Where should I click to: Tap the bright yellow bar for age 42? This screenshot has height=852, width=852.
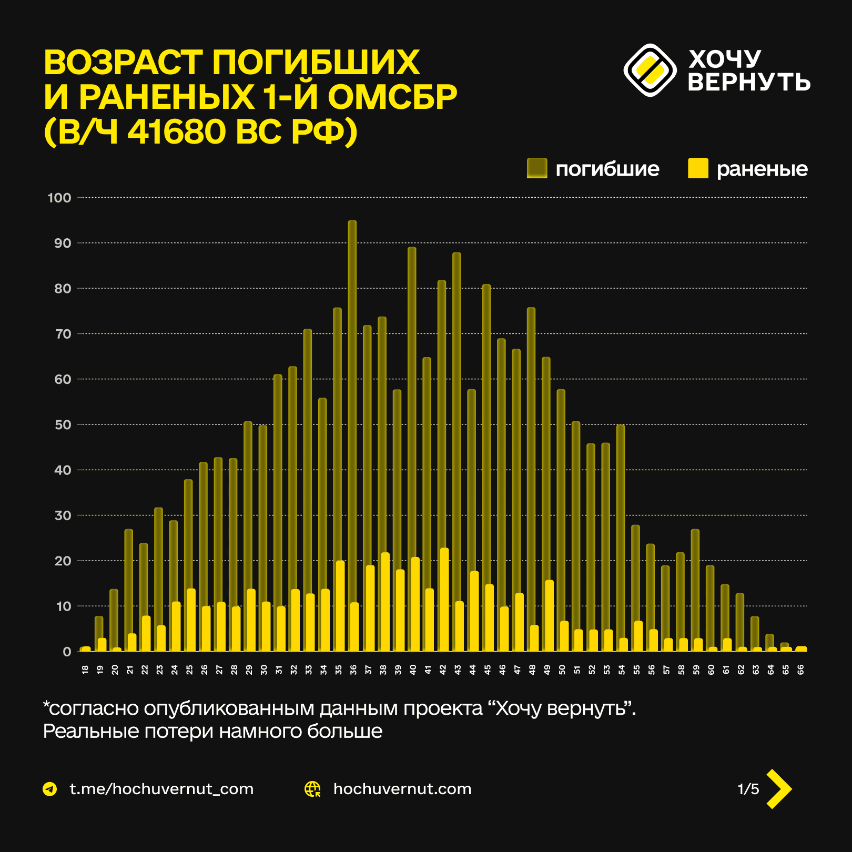[444, 600]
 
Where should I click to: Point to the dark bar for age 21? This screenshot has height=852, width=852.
[129, 590]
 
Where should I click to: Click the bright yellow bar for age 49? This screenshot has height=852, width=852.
[549, 615]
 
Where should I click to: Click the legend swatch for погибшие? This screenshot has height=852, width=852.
[537, 168]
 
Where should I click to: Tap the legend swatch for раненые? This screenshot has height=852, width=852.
[698, 168]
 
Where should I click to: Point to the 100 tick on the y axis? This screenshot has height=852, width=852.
[59, 198]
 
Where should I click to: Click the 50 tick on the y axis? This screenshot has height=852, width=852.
[63, 424]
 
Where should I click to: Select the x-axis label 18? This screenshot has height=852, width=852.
[85, 670]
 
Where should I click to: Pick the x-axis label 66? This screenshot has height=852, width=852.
[800, 670]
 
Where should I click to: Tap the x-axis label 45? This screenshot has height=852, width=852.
[488, 670]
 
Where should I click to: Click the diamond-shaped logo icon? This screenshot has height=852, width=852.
[650, 70]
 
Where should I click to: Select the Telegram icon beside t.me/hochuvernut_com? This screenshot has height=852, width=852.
[50, 789]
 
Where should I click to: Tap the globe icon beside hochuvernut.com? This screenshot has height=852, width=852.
[313, 789]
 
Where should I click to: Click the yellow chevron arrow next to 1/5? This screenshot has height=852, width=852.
[779, 788]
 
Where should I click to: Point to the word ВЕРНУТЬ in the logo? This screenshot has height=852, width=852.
[749, 82]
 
